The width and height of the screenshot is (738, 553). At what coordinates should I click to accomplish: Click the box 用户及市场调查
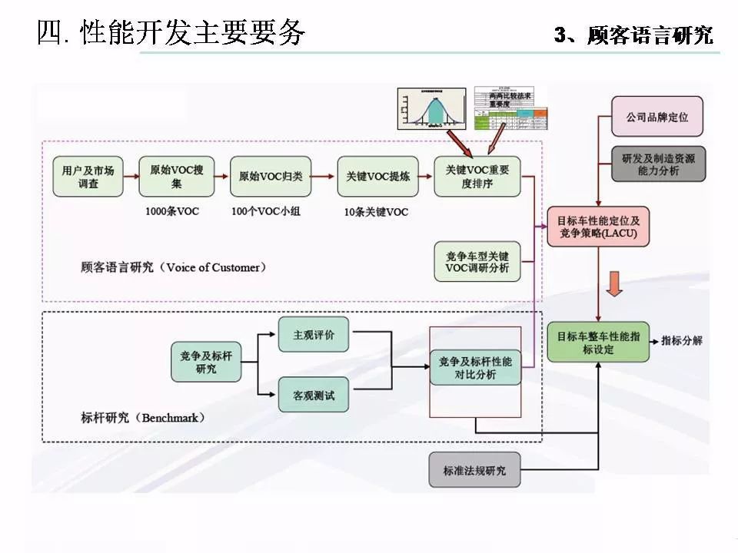click(88, 177)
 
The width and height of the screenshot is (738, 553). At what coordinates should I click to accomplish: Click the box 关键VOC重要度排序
click(477, 177)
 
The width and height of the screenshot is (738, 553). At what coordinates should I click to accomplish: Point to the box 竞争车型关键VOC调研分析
click(477, 262)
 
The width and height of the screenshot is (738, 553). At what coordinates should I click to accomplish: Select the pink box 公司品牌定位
click(657, 117)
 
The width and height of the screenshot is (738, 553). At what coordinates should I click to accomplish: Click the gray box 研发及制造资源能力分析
click(657, 164)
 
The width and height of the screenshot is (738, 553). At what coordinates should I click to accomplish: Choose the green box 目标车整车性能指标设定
click(598, 343)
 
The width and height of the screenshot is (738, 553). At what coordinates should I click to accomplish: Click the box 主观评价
click(313, 336)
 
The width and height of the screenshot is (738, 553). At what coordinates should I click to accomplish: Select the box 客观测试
click(313, 396)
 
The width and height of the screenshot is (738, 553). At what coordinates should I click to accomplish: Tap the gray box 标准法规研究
click(474, 470)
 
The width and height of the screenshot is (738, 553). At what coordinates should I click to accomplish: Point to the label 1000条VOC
click(172, 211)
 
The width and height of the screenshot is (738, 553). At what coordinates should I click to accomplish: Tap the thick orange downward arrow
click(614, 283)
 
